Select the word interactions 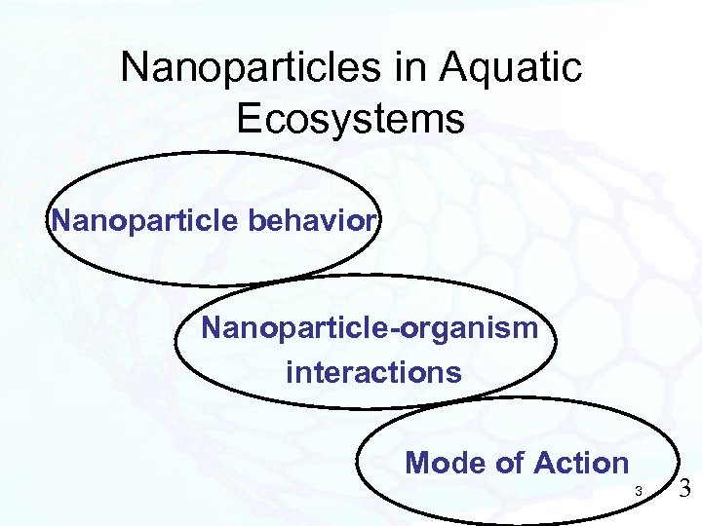coord(373,372)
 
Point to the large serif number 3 coord(683,489)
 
